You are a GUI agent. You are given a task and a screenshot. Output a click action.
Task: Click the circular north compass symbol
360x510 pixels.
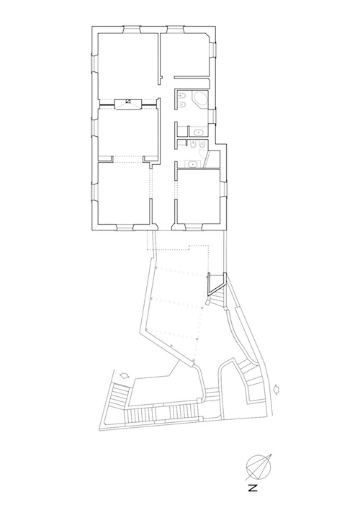click(258, 467)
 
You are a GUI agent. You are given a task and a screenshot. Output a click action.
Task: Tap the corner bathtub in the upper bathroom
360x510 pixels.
click(199, 99)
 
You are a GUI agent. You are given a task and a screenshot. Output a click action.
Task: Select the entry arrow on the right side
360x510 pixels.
click(277, 389)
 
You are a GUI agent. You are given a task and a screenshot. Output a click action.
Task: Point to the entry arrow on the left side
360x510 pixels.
click(124, 376)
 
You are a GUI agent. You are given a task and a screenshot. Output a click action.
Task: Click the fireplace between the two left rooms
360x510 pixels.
click(128, 104)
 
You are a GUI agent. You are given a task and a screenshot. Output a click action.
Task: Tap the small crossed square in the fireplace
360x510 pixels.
click(128, 101)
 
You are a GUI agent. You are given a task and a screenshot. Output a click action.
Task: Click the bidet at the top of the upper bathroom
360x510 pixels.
click(181, 96)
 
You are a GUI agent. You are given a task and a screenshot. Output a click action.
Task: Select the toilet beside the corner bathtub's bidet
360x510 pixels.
click(181, 104)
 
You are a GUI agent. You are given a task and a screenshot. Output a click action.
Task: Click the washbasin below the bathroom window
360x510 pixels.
click(198, 132)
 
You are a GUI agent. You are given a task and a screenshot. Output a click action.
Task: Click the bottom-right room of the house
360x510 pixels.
click(198, 196)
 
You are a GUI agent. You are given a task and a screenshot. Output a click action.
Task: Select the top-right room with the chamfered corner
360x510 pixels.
click(185, 54)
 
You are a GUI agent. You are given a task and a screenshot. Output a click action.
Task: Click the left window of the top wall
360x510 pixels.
click(132, 30)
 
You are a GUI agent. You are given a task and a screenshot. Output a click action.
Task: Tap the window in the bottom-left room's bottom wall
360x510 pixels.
click(125, 227)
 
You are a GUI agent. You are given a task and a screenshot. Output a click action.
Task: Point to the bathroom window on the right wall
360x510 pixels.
click(212, 116)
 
